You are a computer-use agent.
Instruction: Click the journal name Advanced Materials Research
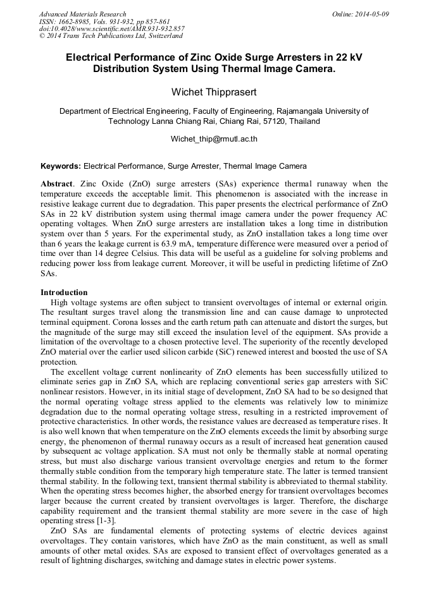(82, 14)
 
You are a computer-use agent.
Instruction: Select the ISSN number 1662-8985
(75, 21)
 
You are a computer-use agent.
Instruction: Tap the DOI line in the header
(112, 28)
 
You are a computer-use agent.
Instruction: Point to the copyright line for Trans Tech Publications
(111, 36)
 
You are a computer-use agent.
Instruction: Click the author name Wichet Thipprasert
(214, 92)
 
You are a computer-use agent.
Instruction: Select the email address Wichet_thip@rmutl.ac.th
(214, 138)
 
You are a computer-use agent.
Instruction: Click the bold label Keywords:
(61, 167)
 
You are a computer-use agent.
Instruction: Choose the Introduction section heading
(64, 293)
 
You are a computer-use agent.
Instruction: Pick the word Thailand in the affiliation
(304, 121)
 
